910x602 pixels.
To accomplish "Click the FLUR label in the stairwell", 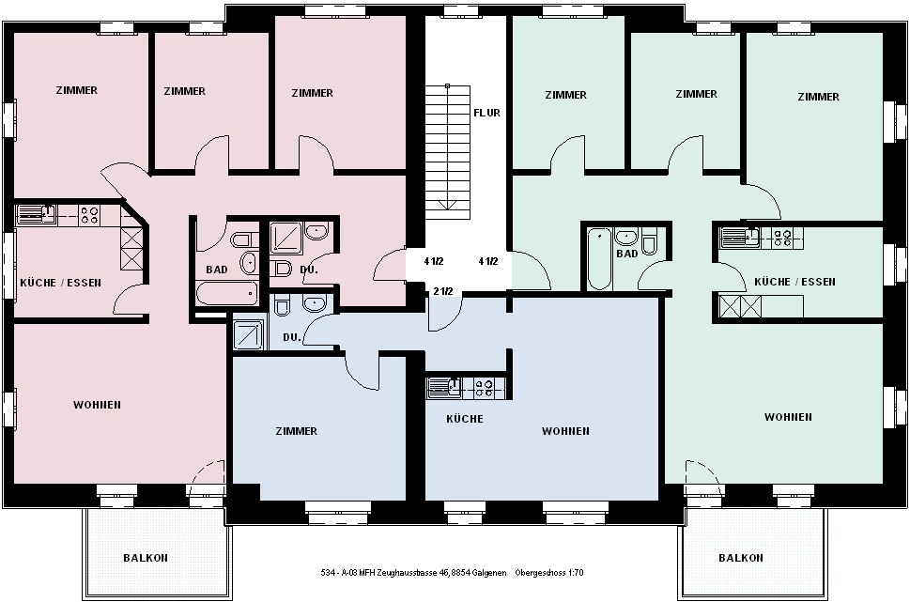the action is (486, 113).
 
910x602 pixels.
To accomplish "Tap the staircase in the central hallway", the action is (447, 152).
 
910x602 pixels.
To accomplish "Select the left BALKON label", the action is (146, 558).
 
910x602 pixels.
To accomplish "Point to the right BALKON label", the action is (741, 558).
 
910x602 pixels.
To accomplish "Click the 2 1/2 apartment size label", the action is (443, 291).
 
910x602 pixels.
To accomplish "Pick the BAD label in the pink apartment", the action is (217, 270).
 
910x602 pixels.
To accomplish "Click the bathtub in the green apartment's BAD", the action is (599, 258).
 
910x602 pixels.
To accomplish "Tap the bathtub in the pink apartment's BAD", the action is (227, 293).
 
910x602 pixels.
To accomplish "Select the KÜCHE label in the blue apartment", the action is (465, 419).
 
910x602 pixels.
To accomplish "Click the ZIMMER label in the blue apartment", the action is (297, 431).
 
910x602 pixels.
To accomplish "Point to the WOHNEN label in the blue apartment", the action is (566, 431).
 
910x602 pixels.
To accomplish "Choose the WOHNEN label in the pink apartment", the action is (97, 405).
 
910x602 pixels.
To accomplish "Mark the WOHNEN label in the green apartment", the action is (788, 417).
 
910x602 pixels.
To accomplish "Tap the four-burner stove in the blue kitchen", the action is (484, 388).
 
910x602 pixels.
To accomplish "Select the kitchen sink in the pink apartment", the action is (37, 214).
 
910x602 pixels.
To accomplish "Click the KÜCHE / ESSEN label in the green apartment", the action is (794, 282).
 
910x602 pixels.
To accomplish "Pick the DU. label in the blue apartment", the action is (292, 337).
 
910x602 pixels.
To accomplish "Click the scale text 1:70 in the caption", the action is (575, 572).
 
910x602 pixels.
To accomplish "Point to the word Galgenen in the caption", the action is (489, 572).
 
